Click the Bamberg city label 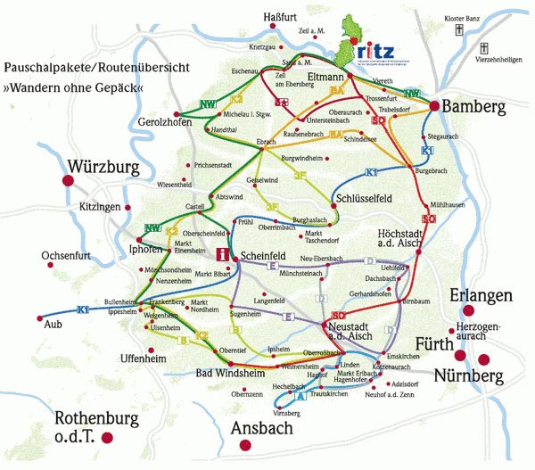[477, 106]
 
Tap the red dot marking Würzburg [67, 181]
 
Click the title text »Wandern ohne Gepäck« [72, 88]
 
